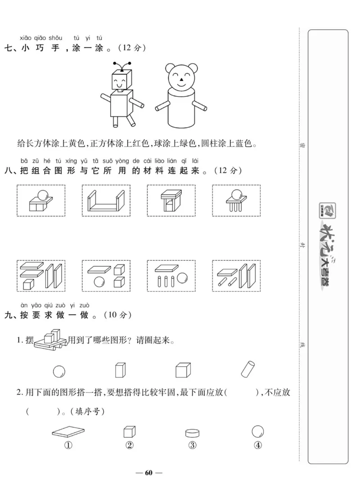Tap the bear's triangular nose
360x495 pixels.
(180, 83)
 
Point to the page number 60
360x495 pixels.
(149, 472)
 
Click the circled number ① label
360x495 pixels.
(68, 445)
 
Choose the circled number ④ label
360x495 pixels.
(258, 445)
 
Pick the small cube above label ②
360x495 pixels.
(129, 431)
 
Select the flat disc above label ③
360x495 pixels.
(192, 433)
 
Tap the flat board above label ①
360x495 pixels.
(68, 432)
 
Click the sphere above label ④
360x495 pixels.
(257, 431)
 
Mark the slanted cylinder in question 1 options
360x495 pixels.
(248, 370)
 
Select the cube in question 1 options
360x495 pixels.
(181, 371)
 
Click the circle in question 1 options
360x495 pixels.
(59, 372)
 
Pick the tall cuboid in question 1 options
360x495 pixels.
(120, 370)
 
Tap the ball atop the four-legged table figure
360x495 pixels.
(236, 195)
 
